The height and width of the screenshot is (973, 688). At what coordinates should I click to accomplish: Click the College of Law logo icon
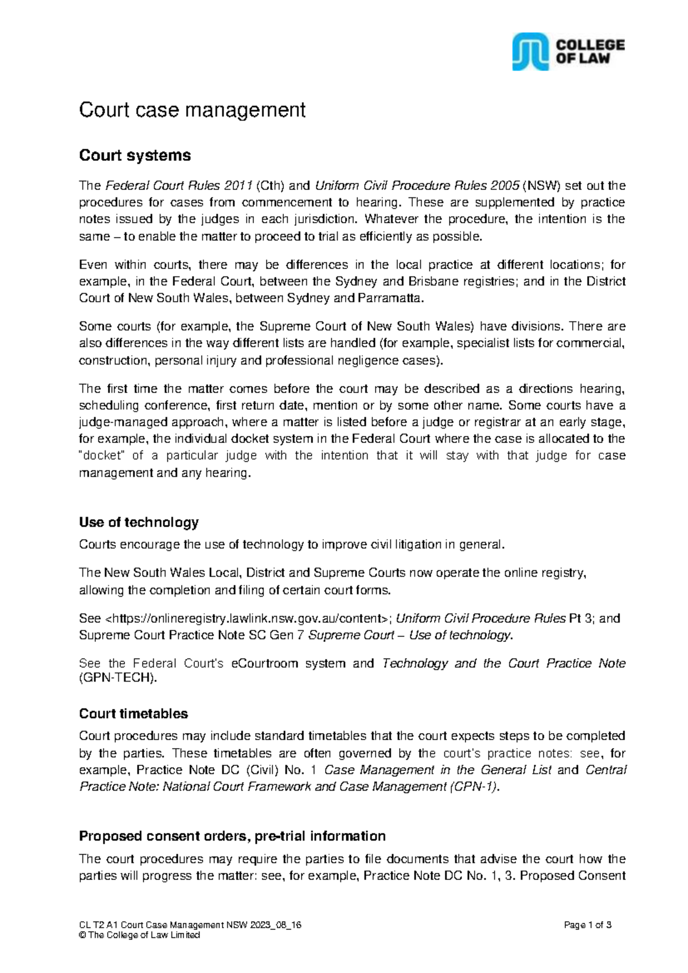[530, 52]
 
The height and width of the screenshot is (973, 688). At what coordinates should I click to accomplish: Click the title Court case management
[192, 110]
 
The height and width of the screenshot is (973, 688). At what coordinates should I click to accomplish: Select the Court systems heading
[135, 155]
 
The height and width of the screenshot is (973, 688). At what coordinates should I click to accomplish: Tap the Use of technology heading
[139, 522]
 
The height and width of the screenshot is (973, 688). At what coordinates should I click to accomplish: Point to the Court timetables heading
[133, 714]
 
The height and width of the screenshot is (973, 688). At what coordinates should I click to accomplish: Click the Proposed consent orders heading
[232, 836]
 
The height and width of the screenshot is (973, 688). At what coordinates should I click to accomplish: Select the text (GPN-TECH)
[118, 678]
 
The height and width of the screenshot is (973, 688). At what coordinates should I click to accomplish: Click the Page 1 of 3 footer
[588, 925]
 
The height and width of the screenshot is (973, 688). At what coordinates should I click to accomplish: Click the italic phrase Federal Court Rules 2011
[179, 186]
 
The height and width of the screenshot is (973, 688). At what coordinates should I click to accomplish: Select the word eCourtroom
[264, 664]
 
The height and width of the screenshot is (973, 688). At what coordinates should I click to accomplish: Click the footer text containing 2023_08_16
[190, 925]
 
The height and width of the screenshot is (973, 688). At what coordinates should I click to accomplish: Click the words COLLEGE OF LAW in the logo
[590, 52]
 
